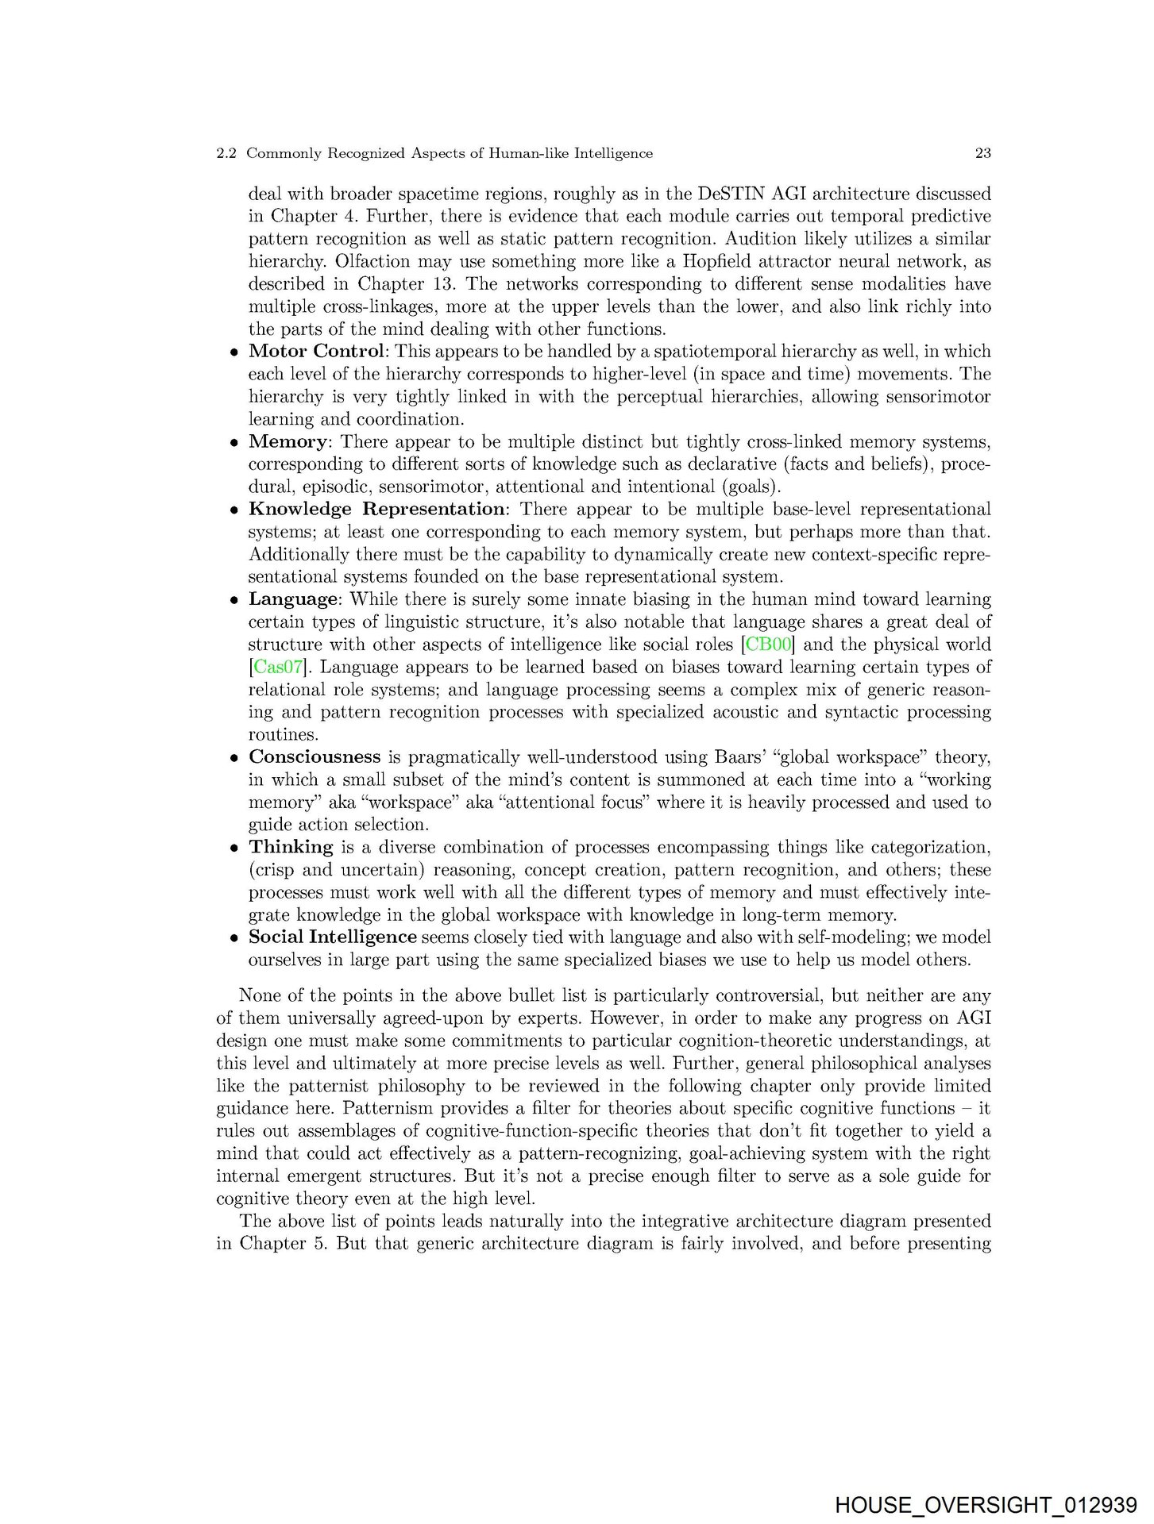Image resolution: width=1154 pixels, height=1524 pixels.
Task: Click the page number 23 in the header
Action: [982, 153]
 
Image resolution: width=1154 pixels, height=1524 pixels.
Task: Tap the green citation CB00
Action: [769, 644]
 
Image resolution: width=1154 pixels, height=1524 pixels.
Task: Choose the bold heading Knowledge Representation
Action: [376, 509]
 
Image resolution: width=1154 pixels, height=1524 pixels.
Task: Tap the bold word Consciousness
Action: [315, 756]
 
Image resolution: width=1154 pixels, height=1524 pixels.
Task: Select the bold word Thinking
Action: [291, 847]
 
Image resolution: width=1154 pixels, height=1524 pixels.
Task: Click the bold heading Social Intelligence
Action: [332, 937]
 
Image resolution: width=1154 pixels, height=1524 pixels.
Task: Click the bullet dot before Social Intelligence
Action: [234, 938]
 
